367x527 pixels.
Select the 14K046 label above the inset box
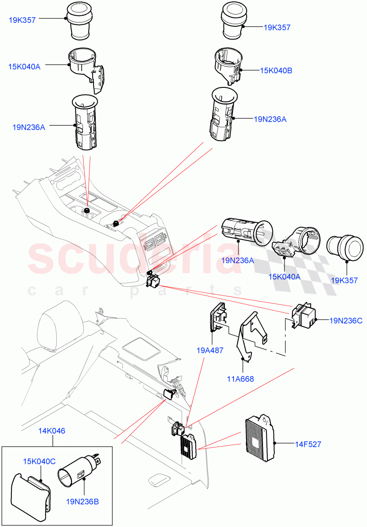(52, 431)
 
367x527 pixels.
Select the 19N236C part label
(346, 321)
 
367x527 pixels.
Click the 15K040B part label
(277, 70)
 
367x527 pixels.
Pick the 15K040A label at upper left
(24, 66)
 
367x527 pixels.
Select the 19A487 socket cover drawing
(217, 318)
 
